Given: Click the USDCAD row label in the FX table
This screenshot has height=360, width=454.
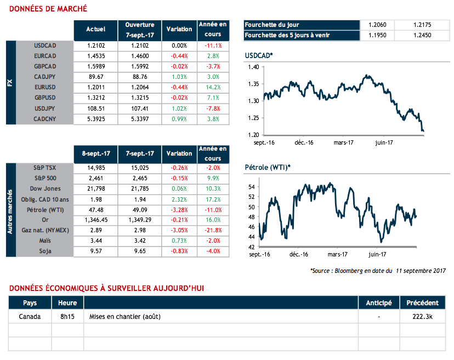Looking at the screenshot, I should pyautogui.click(x=45, y=45).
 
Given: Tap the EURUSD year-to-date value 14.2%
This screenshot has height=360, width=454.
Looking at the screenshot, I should pyautogui.click(x=213, y=87).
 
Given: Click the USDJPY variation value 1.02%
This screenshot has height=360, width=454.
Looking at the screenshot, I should pyautogui.click(x=179, y=108).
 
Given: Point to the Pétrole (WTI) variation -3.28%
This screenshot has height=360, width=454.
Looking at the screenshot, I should pyautogui.click(x=179, y=209).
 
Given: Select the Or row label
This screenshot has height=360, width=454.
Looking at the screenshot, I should pyautogui.click(x=53, y=220).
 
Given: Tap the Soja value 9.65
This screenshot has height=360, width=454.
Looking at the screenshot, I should pyautogui.click(x=140, y=251).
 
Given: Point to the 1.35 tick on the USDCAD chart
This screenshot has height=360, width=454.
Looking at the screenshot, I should pyautogui.click(x=253, y=84).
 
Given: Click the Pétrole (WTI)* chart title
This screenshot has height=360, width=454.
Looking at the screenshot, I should pyautogui.click(x=267, y=167).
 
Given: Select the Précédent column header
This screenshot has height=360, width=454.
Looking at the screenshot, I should pyautogui.click(x=422, y=302).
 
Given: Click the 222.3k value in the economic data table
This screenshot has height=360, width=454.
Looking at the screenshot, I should pyautogui.click(x=422, y=317).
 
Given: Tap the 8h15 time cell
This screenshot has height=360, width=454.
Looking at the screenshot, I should pyautogui.click(x=67, y=317).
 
